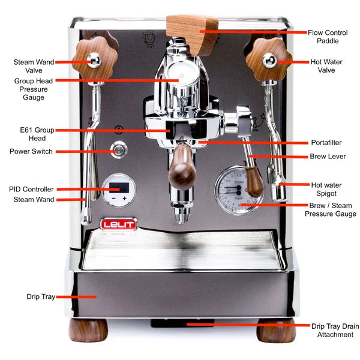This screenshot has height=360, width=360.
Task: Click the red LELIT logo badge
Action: coord(118,224)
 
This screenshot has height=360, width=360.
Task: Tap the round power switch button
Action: coord(120,149)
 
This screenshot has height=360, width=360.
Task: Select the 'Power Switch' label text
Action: coord(31,152)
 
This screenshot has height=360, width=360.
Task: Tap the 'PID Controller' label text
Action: coord(31,189)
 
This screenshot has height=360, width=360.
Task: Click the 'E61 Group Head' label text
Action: coord(36,133)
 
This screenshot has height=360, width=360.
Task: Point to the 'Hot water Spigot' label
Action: coord(326,189)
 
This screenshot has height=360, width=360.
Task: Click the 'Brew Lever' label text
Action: coord(328,157)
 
